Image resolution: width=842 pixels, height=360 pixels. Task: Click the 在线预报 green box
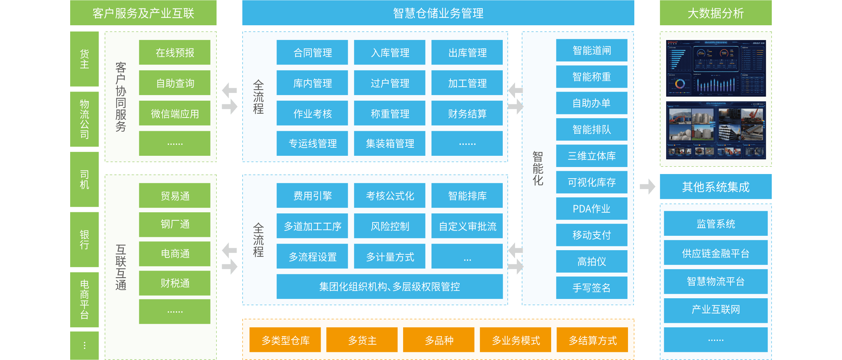coord(174,53)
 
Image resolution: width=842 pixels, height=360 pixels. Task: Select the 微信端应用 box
coord(174,113)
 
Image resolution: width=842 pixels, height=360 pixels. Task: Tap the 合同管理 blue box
coord(312,53)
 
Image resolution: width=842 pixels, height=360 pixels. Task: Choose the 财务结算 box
coord(467,113)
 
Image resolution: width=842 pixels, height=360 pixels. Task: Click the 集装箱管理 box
coord(389,144)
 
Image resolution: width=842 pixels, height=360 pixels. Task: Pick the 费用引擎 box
coord(312,195)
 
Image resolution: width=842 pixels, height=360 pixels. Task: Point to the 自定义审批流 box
coord(467,226)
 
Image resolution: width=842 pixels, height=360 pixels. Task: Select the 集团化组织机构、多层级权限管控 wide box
coord(389,287)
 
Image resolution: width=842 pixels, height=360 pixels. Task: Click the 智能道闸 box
coord(592,51)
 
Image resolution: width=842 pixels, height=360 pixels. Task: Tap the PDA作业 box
coord(592,209)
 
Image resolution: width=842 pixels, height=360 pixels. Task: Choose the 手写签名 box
coord(592,288)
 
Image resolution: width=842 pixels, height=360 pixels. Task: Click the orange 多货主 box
coord(362,340)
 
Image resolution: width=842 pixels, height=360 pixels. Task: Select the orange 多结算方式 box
coord(592,340)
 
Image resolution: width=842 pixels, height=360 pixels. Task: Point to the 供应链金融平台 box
coord(715,253)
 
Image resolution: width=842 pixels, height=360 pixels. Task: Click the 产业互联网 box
coord(715,310)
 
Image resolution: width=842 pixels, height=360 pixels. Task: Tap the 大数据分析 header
coord(715,13)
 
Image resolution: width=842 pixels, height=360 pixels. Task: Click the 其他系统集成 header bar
coord(715,187)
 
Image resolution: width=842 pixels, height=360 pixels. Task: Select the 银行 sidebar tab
coord(84,240)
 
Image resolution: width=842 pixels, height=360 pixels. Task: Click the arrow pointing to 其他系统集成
coord(647,186)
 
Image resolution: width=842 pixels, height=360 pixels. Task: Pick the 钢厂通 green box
coord(174,224)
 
